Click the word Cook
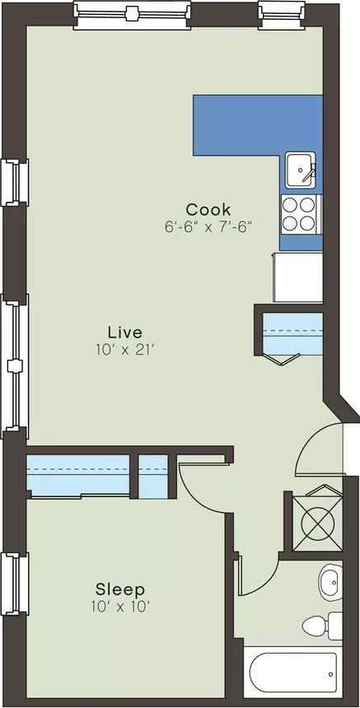[208, 210]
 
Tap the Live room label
[125, 333]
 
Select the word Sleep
[120, 589]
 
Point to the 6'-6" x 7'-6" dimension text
[208, 226]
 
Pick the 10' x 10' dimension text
[120, 607]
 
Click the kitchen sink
[301, 170]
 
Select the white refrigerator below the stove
[297, 277]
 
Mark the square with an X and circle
[317, 524]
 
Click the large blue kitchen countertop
[258, 125]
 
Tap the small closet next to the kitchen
[292, 333]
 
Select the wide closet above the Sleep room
[78, 476]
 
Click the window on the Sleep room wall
[15, 584]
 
